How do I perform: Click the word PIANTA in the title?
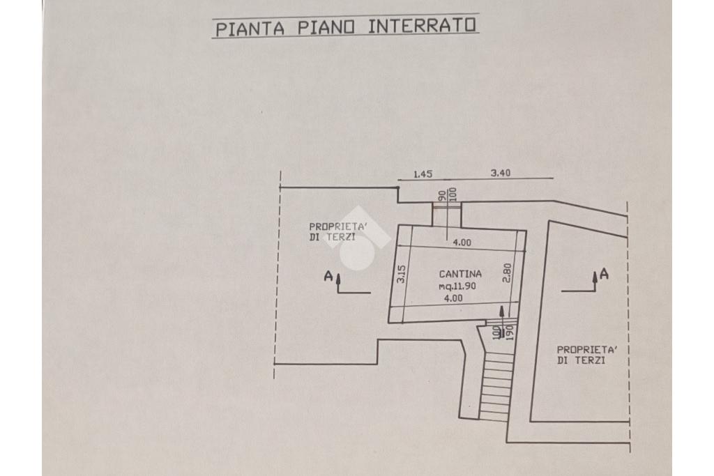pos(250,29)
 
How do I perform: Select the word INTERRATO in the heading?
pos(422,26)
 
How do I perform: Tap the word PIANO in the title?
pos(326,27)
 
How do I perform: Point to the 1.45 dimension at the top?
pos(423,174)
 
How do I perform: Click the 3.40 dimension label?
pos(501,173)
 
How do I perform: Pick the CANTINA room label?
pos(460,274)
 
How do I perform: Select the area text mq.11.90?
pos(457,286)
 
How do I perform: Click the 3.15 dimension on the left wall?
pos(401,275)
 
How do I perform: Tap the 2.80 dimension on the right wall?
pos(508,273)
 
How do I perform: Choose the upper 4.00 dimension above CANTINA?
pos(462,243)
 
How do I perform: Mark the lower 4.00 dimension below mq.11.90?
pos(453,298)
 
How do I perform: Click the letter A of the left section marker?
pos(328,276)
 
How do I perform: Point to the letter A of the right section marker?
pos(604,274)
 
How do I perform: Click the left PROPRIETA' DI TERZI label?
pos(338,231)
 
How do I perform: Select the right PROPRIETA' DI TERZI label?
pos(586,355)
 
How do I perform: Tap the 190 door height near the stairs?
pos(510,332)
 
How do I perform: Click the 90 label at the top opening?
pos(441,196)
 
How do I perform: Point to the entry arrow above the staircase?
pos(502,322)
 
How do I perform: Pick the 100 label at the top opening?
pos(452,194)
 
